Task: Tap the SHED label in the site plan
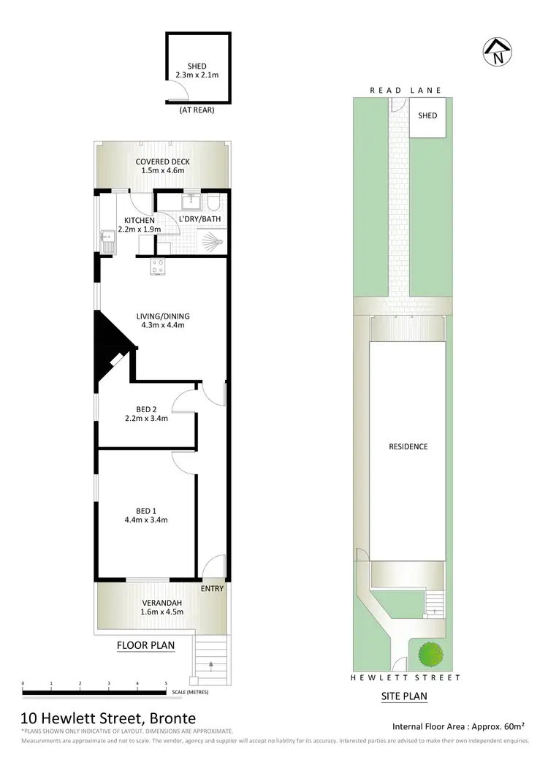[x=427, y=115]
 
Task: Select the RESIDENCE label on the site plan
[x=408, y=446]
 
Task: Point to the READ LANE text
[x=406, y=91]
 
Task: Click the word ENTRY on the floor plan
[x=212, y=588]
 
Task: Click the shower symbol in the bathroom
[x=210, y=239]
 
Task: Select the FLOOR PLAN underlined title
[x=146, y=645]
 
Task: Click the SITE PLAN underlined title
[x=404, y=696]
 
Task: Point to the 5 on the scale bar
[x=166, y=683]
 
